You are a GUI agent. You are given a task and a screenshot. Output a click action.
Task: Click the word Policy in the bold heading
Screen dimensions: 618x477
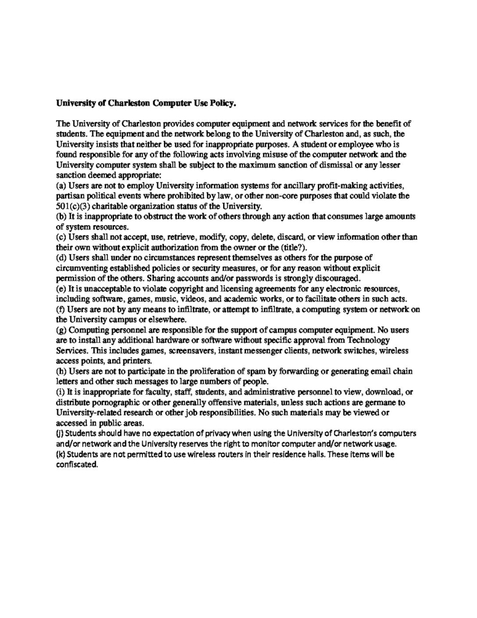(x=221, y=103)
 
